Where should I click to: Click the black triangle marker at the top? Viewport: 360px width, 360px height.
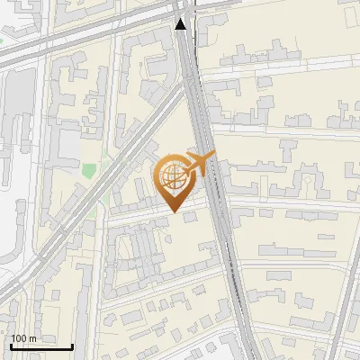(x=182, y=23)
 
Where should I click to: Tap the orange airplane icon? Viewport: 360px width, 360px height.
(x=200, y=164)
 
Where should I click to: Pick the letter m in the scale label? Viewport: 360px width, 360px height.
(x=33, y=338)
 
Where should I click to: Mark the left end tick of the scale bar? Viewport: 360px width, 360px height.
(x=12, y=345)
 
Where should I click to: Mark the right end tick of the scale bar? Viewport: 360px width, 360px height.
(x=73, y=345)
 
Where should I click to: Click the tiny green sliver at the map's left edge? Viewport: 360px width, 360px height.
(x=2, y=40)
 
